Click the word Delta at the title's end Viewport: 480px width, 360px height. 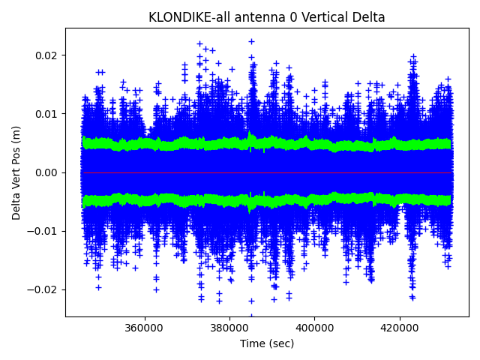click(367, 17)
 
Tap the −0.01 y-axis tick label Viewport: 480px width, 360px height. click(43, 231)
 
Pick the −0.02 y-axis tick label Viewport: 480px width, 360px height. click(43, 289)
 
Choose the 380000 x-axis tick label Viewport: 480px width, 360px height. click(229, 328)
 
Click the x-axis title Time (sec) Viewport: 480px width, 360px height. click(267, 343)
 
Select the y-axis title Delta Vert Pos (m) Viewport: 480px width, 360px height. click(16, 172)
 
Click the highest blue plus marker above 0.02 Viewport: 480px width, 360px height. click(251, 41)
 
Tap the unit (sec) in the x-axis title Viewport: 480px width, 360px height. click(280, 343)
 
